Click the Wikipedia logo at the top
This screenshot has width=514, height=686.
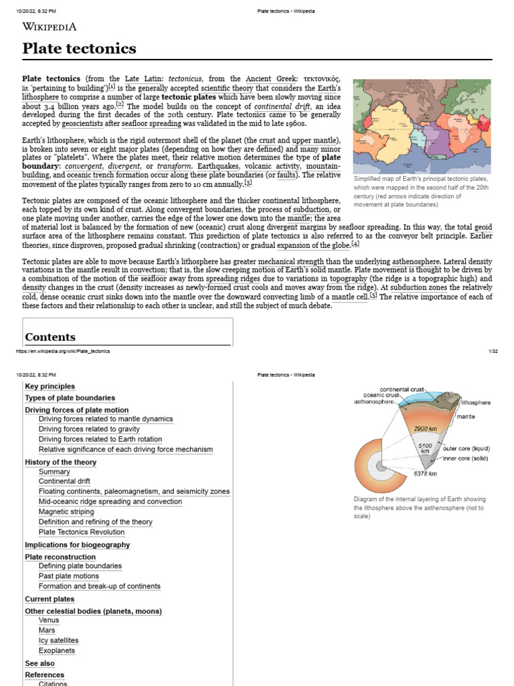[x=50, y=27]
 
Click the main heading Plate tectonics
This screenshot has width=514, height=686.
[x=79, y=48]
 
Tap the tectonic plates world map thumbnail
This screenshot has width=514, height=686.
[x=422, y=126]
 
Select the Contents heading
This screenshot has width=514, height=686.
[x=50, y=337]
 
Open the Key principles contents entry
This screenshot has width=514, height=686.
[x=50, y=387]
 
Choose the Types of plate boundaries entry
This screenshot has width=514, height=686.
[x=70, y=398]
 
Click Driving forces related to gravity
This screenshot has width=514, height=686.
[x=89, y=429]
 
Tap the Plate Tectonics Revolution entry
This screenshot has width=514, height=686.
[x=82, y=532]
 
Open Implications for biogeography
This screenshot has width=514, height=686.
[x=77, y=545]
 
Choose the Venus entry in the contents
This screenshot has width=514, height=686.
[x=50, y=620]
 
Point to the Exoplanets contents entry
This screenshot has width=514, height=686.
[x=57, y=650]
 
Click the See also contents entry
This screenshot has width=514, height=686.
[x=39, y=663]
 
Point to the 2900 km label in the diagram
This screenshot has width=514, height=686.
[x=425, y=429]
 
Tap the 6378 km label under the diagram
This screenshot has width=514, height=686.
[x=425, y=474]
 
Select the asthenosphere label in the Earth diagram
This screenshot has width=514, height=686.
[x=375, y=402]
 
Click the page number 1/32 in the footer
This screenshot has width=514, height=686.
[x=493, y=351]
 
